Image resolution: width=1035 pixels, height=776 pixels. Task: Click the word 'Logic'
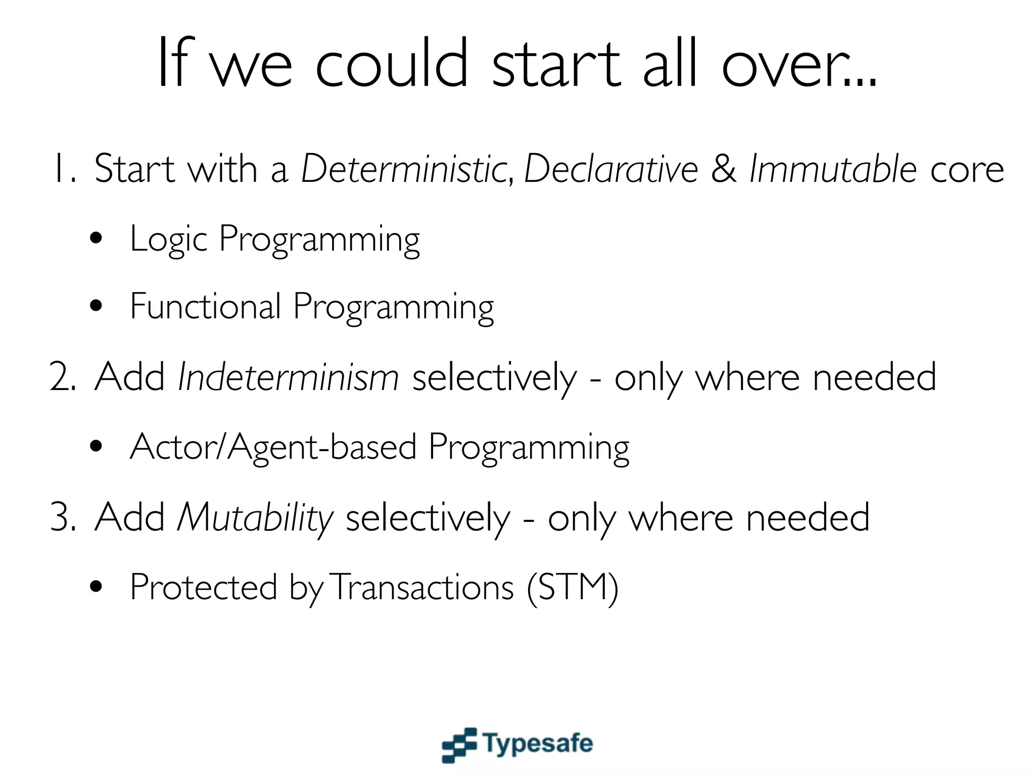[x=168, y=239]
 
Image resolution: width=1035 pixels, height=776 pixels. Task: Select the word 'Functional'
[x=205, y=306]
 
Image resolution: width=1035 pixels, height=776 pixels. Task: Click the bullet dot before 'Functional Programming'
[x=96, y=306]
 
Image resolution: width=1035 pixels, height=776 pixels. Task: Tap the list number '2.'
[x=63, y=378]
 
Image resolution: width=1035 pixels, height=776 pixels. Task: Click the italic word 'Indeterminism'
[x=288, y=378]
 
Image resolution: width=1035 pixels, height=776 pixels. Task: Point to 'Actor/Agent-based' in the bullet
[x=273, y=448]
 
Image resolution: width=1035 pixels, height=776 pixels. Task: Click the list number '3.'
[x=63, y=518]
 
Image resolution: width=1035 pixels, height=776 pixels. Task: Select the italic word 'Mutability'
[x=255, y=518]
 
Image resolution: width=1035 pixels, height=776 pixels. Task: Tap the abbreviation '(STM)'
[x=572, y=588]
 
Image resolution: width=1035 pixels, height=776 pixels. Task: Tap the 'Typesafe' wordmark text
[x=538, y=744]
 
